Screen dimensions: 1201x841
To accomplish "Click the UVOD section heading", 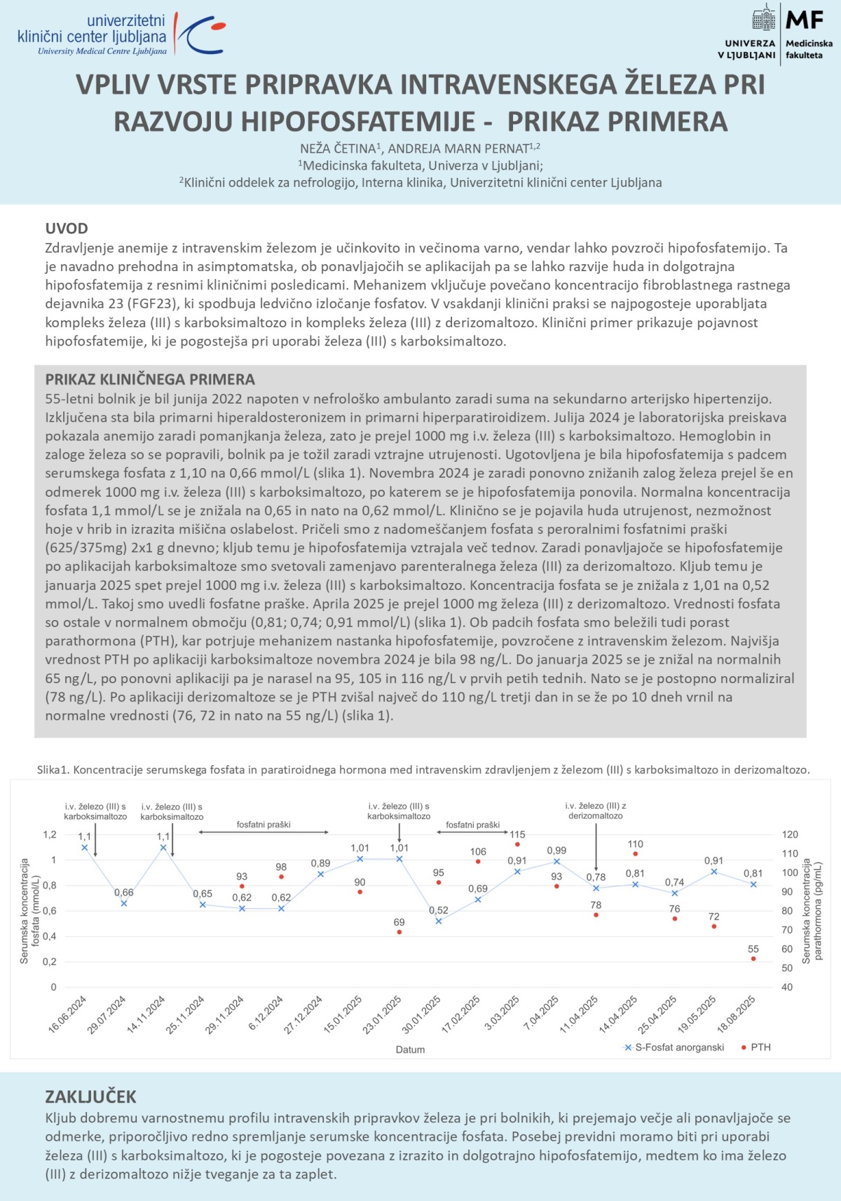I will pyautogui.click(x=67, y=228).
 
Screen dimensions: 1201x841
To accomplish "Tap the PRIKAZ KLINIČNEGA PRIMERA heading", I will pyautogui.click(x=150, y=379).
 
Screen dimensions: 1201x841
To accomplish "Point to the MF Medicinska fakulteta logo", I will pyautogui.click(x=775, y=34).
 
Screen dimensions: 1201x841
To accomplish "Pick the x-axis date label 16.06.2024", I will pyautogui.click(x=68, y=1014).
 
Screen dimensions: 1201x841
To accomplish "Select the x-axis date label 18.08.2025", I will pyautogui.click(x=737, y=1014).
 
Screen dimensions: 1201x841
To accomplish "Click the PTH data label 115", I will pyautogui.click(x=517, y=835).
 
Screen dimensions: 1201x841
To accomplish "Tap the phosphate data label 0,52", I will pyautogui.click(x=439, y=910).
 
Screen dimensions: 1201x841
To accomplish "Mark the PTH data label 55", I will pyautogui.click(x=753, y=949).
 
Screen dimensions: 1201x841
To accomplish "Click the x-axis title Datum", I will pyautogui.click(x=410, y=1050).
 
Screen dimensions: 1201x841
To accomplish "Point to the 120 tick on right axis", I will pyautogui.click(x=790, y=835).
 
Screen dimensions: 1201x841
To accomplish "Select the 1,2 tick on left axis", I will pyautogui.click(x=50, y=835).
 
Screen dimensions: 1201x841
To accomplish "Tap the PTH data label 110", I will pyautogui.click(x=636, y=844).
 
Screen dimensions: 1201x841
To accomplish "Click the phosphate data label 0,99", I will pyautogui.click(x=556, y=851).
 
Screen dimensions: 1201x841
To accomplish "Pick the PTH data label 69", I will pyautogui.click(x=399, y=922).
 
